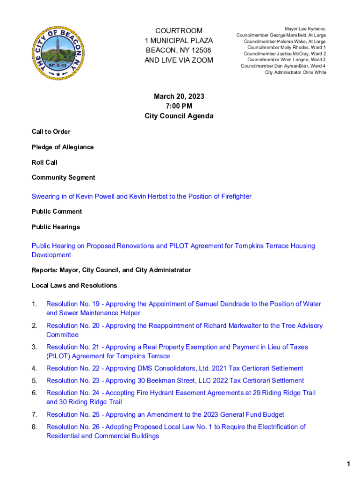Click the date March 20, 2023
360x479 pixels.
[x=179, y=96]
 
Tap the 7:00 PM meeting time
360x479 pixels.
[x=179, y=106]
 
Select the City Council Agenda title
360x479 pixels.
[x=179, y=116]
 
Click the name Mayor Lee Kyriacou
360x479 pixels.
[x=305, y=29]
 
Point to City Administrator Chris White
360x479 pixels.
[x=295, y=73]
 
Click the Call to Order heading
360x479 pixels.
[x=51, y=131]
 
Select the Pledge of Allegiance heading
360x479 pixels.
[x=63, y=147]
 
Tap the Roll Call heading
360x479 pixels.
[x=44, y=162]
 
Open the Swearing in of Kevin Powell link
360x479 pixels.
[x=141, y=196]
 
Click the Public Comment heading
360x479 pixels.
[x=57, y=211]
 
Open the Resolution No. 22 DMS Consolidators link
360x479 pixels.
[x=174, y=369]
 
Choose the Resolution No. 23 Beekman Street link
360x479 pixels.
[x=175, y=381]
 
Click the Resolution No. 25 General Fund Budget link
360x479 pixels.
[x=165, y=414]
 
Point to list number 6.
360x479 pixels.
[x=34, y=393]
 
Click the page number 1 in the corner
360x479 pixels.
[x=348, y=464]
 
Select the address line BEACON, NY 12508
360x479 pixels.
[x=179, y=50]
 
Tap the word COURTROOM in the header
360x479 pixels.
[x=179, y=30]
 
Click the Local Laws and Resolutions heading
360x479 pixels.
[x=74, y=285]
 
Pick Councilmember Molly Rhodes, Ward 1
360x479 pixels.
[x=287, y=48]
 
